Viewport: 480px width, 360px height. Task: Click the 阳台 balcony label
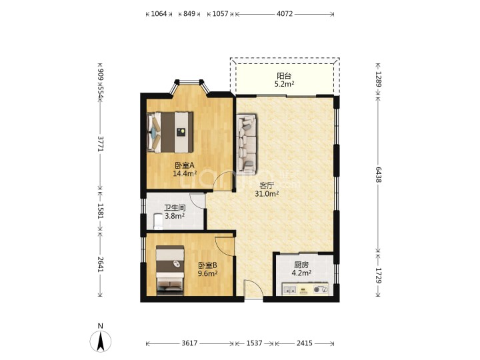point(284,75)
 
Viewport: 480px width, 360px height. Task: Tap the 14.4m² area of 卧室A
point(185,173)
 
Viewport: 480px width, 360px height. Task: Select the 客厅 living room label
point(267,185)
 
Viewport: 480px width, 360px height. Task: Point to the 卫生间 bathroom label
point(175,208)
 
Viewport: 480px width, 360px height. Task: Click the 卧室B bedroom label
point(207,265)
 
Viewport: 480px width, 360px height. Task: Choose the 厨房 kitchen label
point(301,265)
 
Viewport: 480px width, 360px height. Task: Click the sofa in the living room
point(247,145)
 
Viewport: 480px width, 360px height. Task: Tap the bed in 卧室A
point(170,132)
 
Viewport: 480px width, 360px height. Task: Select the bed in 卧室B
point(170,270)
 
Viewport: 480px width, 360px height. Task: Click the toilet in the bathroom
point(158,221)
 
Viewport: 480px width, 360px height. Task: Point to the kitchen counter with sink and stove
point(305,289)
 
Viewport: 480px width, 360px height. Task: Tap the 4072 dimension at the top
point(285,14)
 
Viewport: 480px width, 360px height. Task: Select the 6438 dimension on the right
point(379,175)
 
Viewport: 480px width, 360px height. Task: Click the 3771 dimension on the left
point(101,143)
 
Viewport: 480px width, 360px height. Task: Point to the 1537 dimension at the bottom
point(255,343)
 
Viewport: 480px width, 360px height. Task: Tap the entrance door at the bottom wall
point(253,289)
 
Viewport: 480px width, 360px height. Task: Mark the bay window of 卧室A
point(189,86)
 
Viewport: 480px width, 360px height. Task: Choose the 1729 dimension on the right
point(379,275)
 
